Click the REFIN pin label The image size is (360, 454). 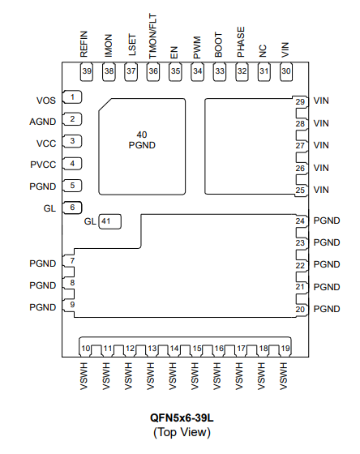click(84, 44)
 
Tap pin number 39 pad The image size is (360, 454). click(86, 71)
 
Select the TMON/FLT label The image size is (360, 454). click(152, 36)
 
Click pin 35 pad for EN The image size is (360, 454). click(175, 71)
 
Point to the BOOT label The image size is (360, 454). click(218, 45)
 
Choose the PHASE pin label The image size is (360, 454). click(241, 42)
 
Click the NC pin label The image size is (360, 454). click(263, 51)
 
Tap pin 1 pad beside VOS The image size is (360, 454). click(72, 97)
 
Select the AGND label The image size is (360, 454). click(43, 122)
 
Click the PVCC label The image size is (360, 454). click(43, 165)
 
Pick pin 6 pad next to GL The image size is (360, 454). click(72, 208)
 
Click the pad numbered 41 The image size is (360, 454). click(109, 222)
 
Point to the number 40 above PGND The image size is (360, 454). click(142, 135)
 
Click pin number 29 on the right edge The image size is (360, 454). click(300, 102)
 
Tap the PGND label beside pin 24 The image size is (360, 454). click(327, 221)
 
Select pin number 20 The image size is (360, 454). click(300, 309)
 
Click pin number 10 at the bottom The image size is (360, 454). click(86, 349)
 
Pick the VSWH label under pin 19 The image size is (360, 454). click(284, 376)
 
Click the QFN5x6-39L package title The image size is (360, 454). click(182, 418)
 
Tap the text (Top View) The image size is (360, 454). click(182, 432)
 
